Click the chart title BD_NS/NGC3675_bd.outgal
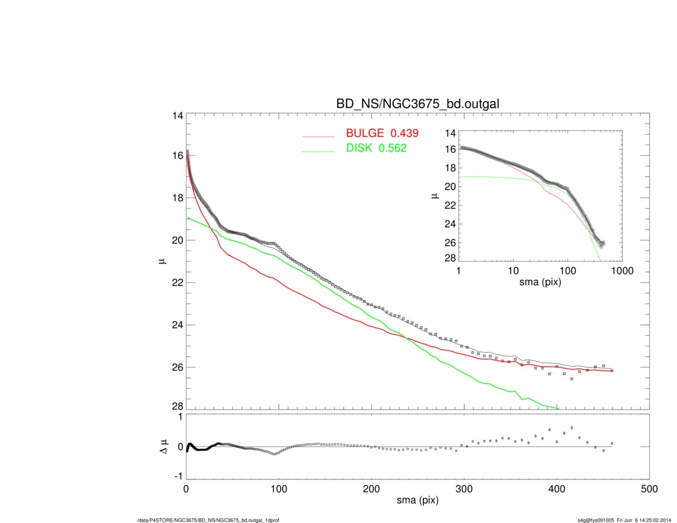point(417,105)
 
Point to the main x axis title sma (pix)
point(417,501)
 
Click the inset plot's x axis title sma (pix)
point(540,282)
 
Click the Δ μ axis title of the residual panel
point(163,447)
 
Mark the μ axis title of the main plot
point(163,261)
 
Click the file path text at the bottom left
point(209,521)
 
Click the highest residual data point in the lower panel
point(572,427)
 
